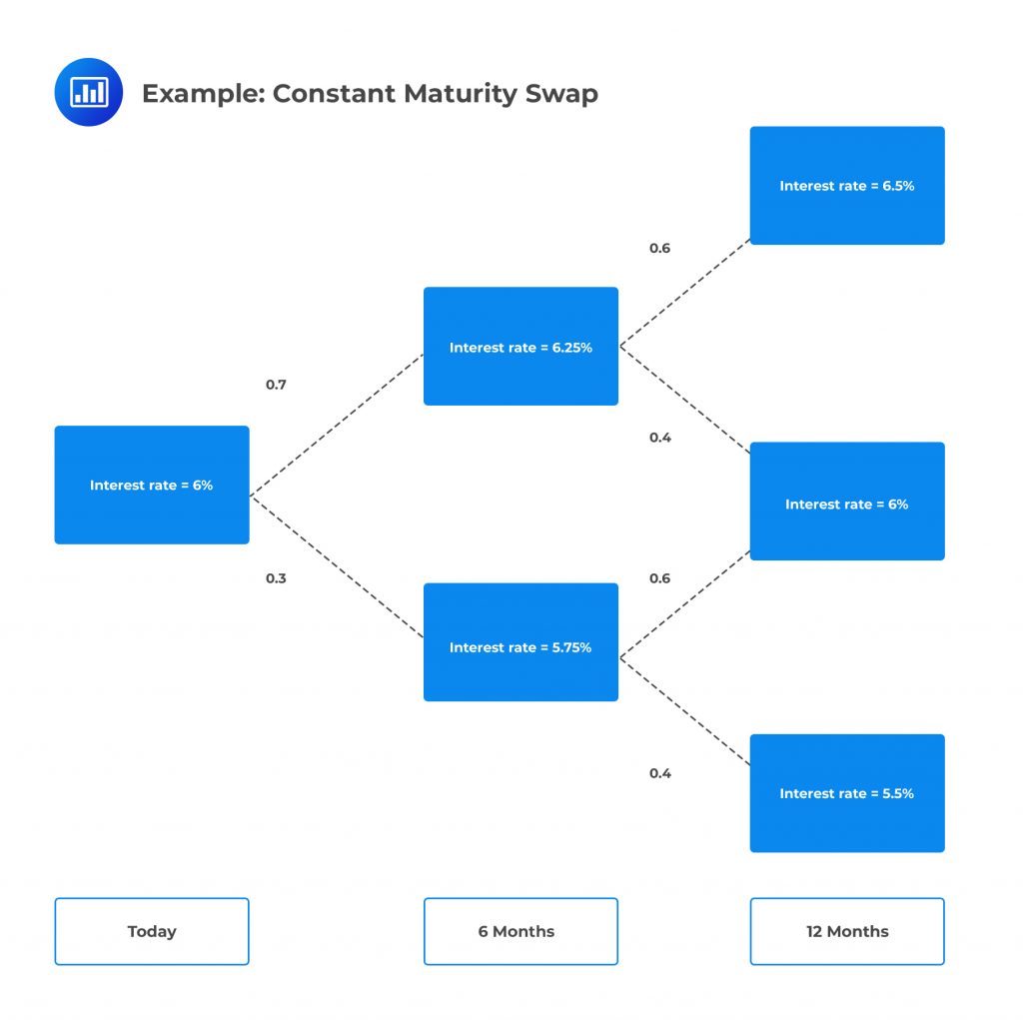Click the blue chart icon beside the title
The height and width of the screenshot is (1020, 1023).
(x=88, y=93)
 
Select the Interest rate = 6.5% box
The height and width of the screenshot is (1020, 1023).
(x=846, y=186)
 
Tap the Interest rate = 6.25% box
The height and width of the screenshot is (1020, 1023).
(x=520, y=347)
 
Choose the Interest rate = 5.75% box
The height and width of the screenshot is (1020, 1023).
(x=520, y=642)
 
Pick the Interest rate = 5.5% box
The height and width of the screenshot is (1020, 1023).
(x=846, y=793)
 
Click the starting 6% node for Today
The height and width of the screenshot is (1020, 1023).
(x=152, y=486)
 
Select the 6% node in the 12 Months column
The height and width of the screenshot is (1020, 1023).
(x=846, y=502)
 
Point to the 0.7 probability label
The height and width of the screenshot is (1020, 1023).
(x=276, y=385)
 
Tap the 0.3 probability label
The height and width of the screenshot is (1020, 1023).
(x=276, y=578)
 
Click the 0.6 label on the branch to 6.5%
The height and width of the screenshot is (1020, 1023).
(x=659, y=249)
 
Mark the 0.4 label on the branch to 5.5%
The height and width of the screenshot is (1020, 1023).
(x=659, y=773)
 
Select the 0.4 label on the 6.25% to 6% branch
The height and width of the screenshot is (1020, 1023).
(x=659, y=438)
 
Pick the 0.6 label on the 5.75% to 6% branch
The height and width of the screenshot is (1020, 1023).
(x=659, y=578)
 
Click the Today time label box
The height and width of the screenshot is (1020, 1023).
(x=152, y=931)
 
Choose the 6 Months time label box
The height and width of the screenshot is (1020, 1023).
(x=520, y=931)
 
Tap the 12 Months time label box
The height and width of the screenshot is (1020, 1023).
(x=846, y=931)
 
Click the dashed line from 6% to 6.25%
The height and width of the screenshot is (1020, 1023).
(x=337, y=425)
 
